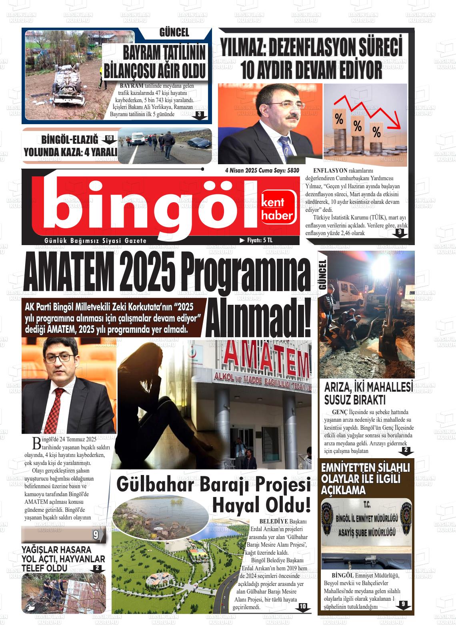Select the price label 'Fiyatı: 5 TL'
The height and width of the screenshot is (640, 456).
(256, 240)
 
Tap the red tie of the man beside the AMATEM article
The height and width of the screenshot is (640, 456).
(58, 407)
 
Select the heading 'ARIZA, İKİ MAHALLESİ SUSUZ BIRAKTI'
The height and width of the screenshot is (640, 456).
(368, 394)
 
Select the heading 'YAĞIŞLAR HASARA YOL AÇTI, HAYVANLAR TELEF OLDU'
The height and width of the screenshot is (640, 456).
(63, 558)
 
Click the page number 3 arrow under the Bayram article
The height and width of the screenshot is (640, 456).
(199, 115)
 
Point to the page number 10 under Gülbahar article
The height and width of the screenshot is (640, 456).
(303, 607)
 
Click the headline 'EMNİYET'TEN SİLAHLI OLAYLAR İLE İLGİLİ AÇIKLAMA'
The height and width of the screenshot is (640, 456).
(366, 479)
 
